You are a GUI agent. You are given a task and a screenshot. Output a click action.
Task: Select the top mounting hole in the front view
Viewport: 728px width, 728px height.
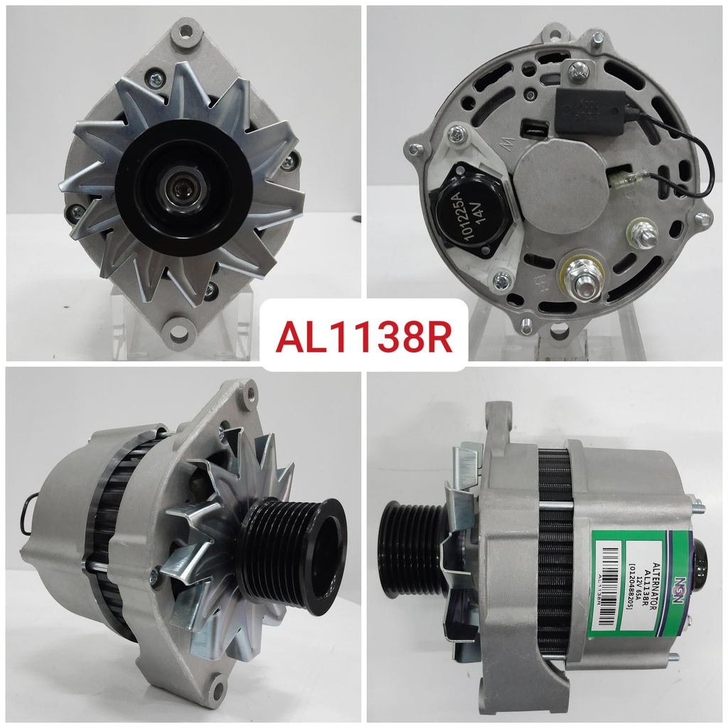(x=186, y=32)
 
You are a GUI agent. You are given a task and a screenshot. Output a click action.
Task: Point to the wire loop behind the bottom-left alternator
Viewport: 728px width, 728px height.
(x=26, y=512)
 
